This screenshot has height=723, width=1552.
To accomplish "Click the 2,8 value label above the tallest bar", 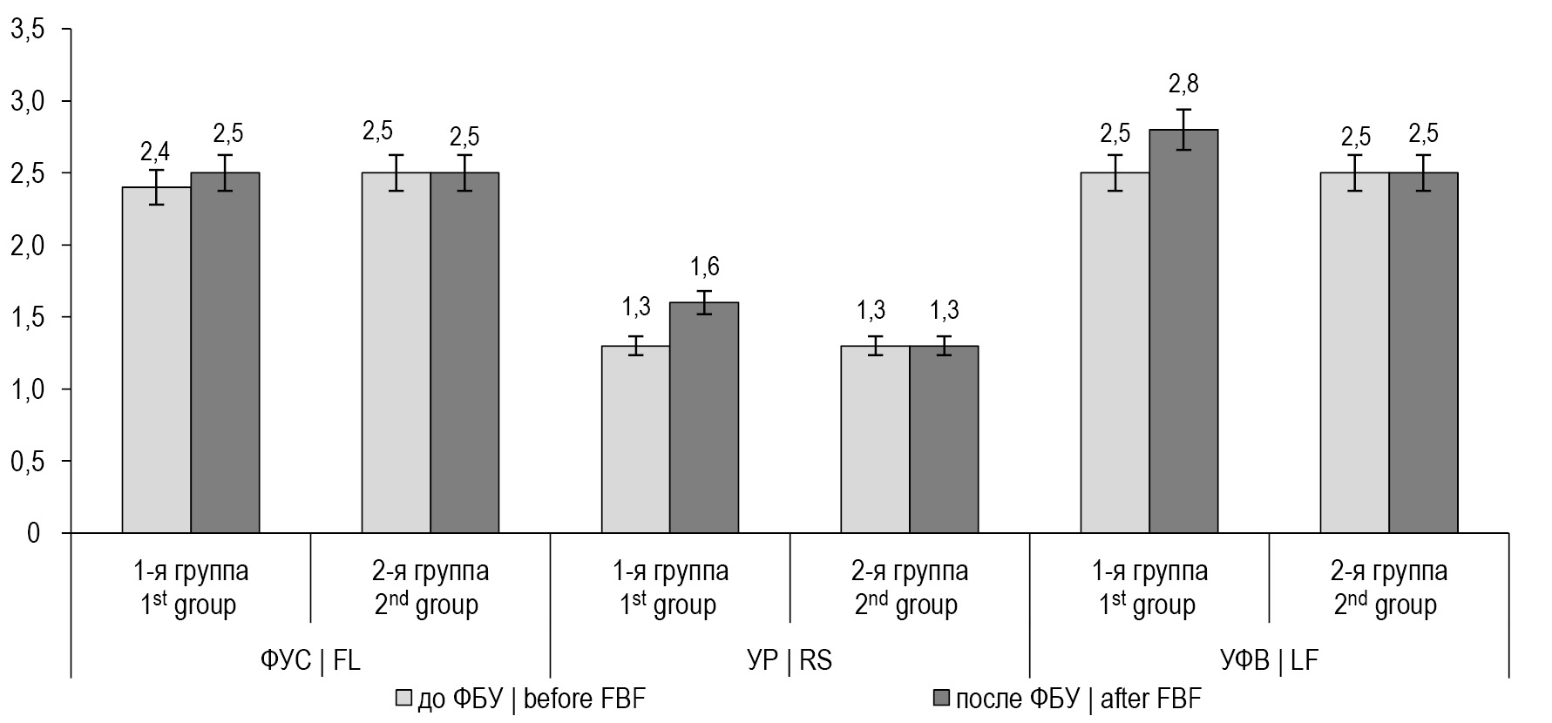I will pyautogui.click(x=1183, y=84).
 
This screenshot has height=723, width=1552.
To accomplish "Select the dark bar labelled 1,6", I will pyautogui.click(x=704, y=418).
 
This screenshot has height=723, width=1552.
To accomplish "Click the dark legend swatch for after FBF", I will pyautogui.click(x=940, y=699).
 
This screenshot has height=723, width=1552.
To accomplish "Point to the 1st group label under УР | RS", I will pyautogui.click(x=669, y=588).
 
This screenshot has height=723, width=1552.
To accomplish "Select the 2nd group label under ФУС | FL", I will pyautogui.click(x=430, y=588).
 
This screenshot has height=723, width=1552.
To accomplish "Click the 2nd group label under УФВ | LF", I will pyautogui.click(x=1388, y=588).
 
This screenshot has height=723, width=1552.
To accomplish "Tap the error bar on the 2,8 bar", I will pyautogui.click(x=1183, y=129).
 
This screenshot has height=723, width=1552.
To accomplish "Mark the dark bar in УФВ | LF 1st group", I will pyautogui.click(x=1183, y=331).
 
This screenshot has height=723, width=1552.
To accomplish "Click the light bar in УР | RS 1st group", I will pyautogui.click(x=636, y=439).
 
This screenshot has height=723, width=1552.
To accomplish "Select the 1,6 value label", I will pyautogui.click(x=704, y=267).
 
